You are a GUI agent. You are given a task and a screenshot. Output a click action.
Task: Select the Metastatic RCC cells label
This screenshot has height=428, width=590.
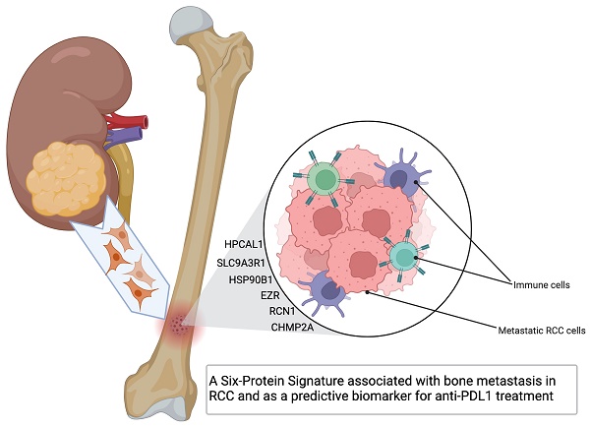coord(535,330)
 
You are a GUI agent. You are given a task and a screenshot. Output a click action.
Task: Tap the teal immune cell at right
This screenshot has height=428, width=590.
coord(403,256)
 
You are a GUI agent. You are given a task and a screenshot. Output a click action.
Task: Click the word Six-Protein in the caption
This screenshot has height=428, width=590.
coord(267,379)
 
